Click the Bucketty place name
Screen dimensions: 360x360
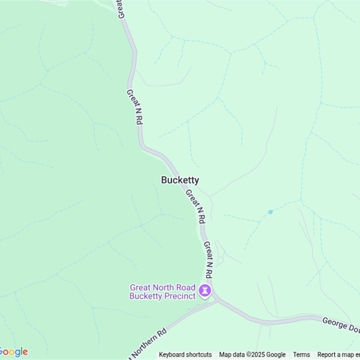pyautogui.click(x=180, y=180)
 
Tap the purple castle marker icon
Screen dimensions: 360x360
pyautogui.click(x=205, y=291)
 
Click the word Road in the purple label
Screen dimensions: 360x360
pyautogui.click(x=185, y=287)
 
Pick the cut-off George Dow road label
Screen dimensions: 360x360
pyautogui.click(x=341, y=325)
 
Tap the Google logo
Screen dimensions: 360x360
pyautogui.click(x=13, y=352)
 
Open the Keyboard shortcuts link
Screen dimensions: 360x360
pyautogui.click(x=185, y=355)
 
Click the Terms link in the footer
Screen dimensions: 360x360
pyautogui.click(x=301, y=355)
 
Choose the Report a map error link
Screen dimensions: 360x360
pyautogui.click(x=338, y=355)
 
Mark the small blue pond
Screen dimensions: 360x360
pyautogui.click(x=270, y=211)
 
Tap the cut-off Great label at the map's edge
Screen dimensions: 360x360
pyautogui.click(x=121, y=9)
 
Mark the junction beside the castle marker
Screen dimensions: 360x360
pyautogui.click(x=216, y=299)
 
